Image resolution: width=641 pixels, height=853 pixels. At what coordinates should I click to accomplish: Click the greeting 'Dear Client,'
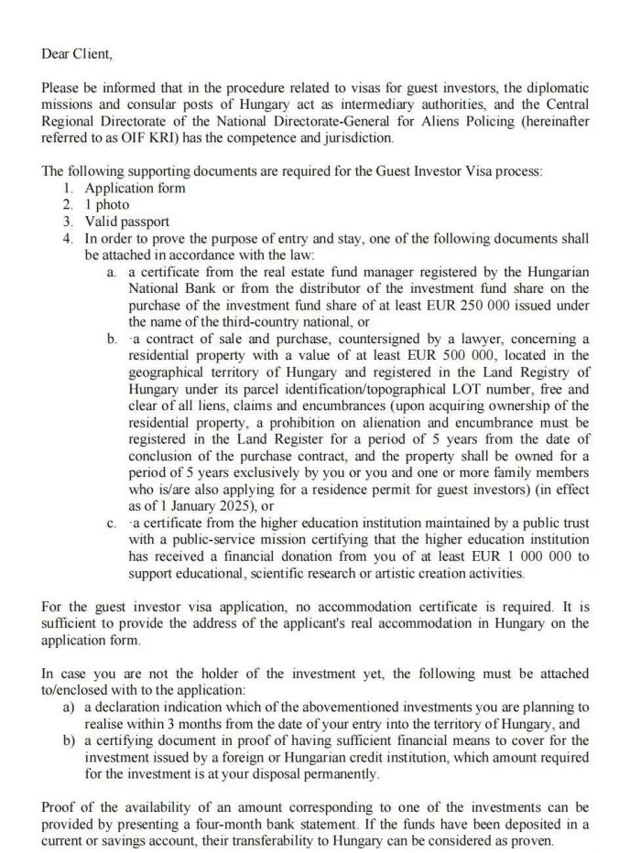point(77,53)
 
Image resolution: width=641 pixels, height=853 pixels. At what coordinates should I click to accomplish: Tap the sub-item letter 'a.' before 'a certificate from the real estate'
point(111,272)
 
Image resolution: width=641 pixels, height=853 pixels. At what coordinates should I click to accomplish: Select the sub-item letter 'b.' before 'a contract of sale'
point(112,339)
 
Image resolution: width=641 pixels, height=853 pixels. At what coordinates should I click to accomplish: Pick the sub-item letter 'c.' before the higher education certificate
point(111,524)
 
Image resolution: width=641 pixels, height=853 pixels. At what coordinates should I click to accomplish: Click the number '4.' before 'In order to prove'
point(70,238)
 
